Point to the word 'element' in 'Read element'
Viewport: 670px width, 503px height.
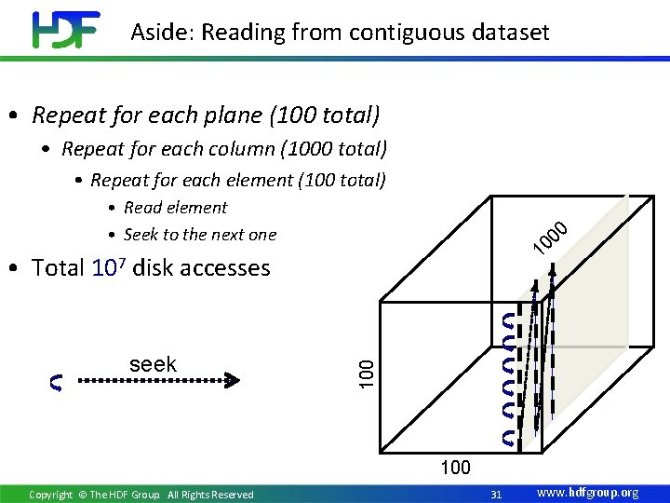pyautogui.click(x=195, y=208)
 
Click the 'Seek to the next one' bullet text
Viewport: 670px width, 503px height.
pyautogui.click(x=200, y=235)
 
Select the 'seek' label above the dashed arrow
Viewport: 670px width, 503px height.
pyautogui.click(x=154, y=364)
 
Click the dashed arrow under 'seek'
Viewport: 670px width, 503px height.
pyautogui.click(x=158, y=380)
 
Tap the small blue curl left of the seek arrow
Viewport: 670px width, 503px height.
pyautogui.click(x=57, y=382)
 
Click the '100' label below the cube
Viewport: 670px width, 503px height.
pyautogui.click(x=455, y=468)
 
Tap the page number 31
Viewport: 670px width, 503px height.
pyautogui.click(x=496, y=494)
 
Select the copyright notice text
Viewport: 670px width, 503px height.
pyautogui.click(x=141, y=495)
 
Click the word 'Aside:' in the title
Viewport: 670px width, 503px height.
pyautogui.click(x=162, y=33)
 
